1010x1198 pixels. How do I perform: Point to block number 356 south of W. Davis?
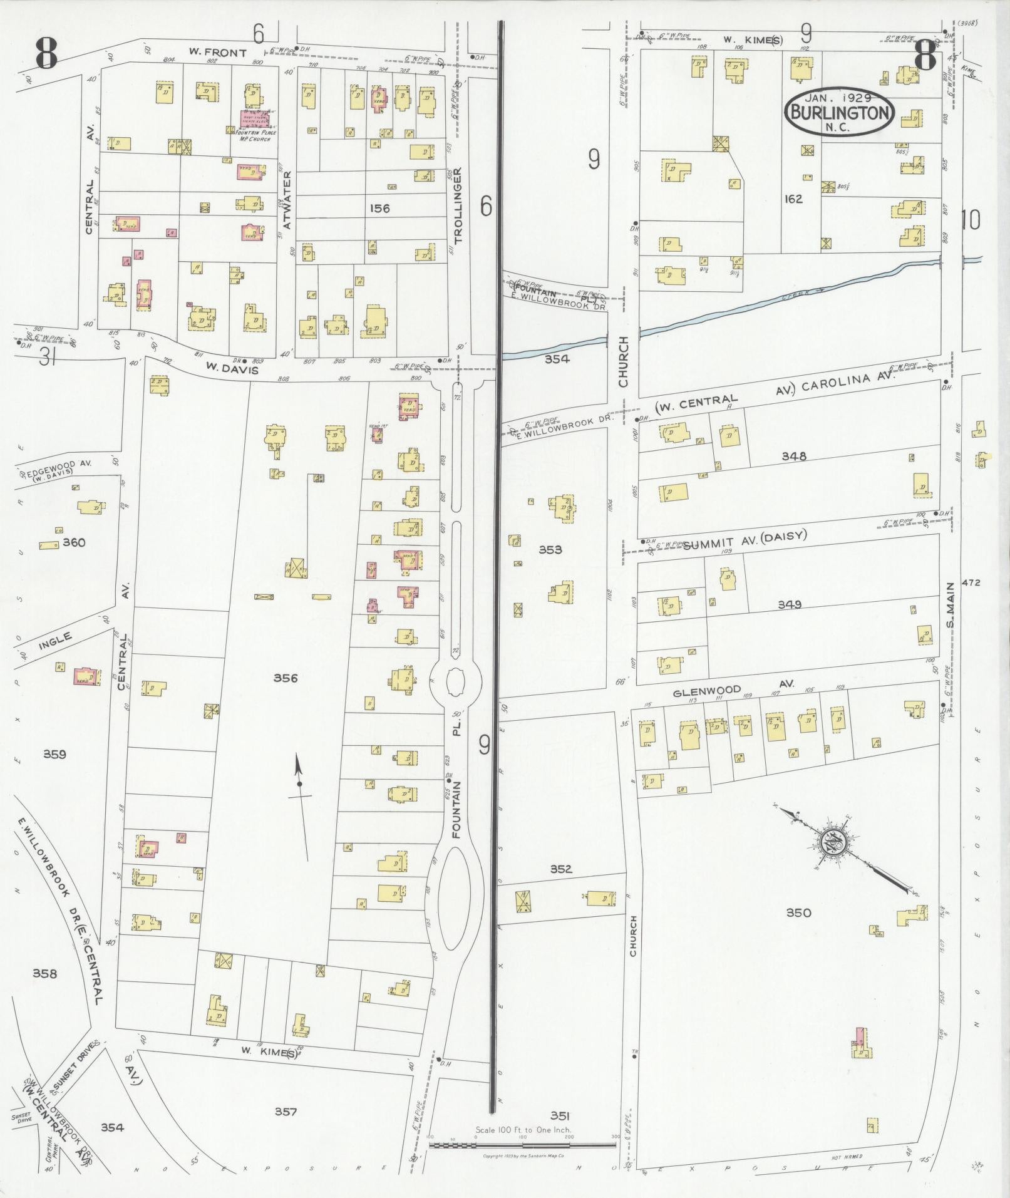286,678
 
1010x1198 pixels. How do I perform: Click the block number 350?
798,912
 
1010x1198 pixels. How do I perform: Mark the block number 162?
793,199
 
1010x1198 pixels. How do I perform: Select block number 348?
794,457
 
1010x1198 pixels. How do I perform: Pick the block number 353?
550,550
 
